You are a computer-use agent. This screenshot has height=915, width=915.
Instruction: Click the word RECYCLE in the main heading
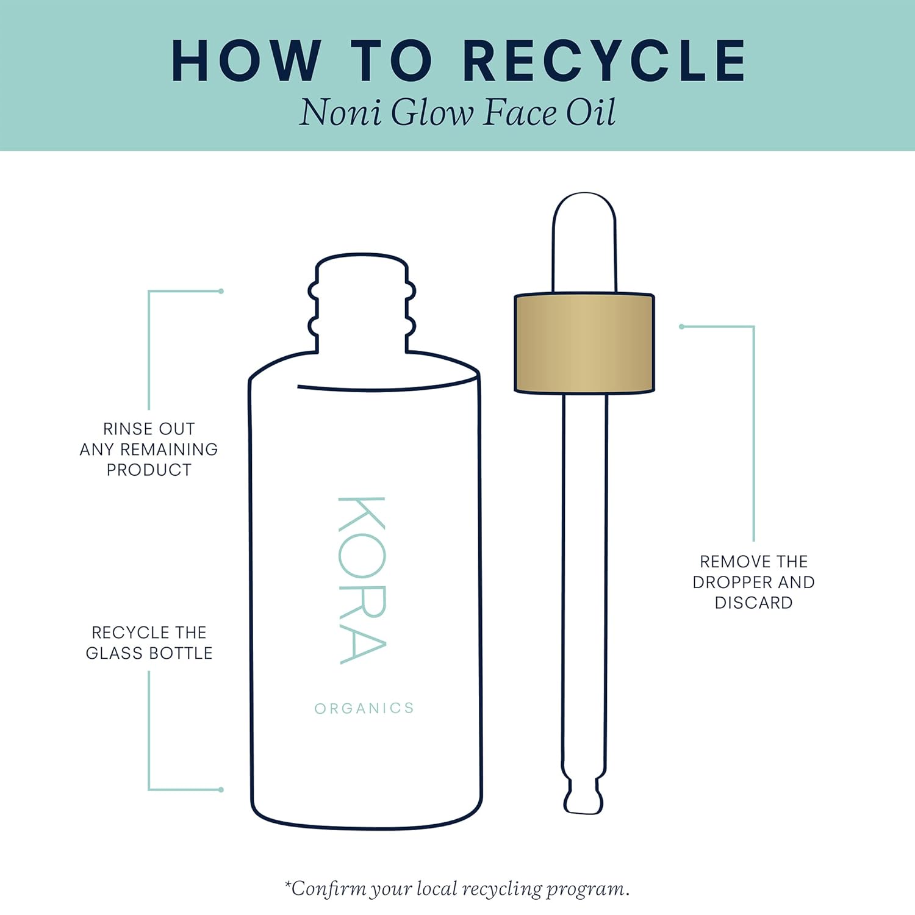pos(605,60)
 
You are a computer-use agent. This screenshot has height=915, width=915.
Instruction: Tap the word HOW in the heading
pos(246,60)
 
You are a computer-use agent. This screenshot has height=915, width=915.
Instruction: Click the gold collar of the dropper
pos(584,343)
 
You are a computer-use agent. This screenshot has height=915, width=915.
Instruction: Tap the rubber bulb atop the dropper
pos(584,243)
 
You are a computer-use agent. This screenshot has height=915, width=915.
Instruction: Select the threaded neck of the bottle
pos(362,304)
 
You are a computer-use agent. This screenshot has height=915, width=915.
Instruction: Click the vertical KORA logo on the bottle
pos(362,580)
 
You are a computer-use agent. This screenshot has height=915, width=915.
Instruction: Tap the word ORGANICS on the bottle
pos(364,708)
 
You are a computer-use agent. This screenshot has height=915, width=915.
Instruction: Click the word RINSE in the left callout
pos(127,429)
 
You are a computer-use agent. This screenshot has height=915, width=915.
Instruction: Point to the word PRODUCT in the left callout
pos(149,470)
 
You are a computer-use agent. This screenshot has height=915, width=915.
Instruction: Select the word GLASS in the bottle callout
pos(114,653)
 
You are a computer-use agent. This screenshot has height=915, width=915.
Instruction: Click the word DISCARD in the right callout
pos(753,603)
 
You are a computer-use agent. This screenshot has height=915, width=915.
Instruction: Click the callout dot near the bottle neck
pos(221,292)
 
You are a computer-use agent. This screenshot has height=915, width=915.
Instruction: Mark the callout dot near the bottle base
pos(221,790)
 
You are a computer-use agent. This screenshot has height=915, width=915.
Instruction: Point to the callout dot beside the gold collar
pos(682,327)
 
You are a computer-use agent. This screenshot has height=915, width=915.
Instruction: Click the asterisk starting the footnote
pos(288,884)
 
